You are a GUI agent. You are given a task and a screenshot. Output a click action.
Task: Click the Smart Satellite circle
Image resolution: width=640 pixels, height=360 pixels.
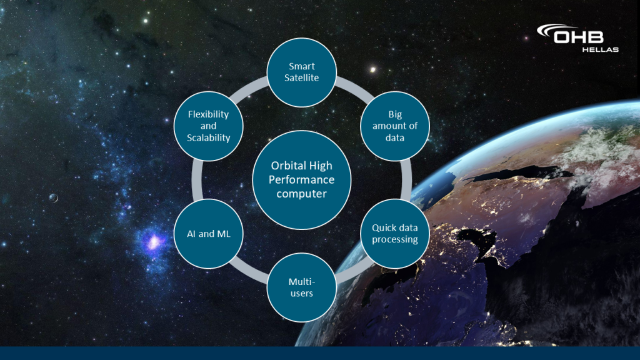[x=302, y=72]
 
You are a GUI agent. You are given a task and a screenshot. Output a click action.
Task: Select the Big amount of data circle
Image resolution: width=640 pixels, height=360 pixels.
[x=395, y=126]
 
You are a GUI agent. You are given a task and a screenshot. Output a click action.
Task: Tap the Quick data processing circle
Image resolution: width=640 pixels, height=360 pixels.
[x=395, y=234]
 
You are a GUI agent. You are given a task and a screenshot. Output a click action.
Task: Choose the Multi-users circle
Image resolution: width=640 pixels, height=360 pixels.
[x=302, y=287]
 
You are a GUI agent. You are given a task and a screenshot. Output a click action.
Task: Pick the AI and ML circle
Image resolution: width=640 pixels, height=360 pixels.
[x=209, y=234]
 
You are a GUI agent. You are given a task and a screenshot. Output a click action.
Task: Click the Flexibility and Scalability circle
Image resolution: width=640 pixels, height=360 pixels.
[x=209, y=126]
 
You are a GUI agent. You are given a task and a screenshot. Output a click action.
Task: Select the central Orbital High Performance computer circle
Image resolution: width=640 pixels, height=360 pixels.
[x=302, y=180]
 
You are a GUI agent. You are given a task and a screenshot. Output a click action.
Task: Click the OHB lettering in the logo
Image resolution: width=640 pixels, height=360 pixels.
[x=579, y=37]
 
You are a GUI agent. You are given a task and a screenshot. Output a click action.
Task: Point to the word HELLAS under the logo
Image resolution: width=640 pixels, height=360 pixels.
[x=600, y=50]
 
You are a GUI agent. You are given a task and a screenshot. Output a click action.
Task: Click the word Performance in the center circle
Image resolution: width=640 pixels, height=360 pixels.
[x=302, y=179]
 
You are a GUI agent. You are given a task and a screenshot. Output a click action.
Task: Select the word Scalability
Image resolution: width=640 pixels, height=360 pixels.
[x=209, y=138]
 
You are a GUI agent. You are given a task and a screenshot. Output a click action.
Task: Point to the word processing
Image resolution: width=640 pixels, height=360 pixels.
[x=395, y=239]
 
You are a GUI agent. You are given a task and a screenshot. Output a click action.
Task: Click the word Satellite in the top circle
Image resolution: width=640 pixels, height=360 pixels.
[x=302, y=78]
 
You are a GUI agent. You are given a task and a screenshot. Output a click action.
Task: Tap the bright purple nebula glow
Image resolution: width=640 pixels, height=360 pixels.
[x=154, y=242]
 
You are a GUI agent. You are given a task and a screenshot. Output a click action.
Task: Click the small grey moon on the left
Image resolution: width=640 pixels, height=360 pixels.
[x=54, y=198]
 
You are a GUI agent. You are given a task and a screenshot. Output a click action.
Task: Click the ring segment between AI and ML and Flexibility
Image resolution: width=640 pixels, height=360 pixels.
[x=197, y=180]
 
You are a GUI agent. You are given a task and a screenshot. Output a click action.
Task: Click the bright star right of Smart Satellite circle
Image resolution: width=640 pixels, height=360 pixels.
[x=372, y=70]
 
